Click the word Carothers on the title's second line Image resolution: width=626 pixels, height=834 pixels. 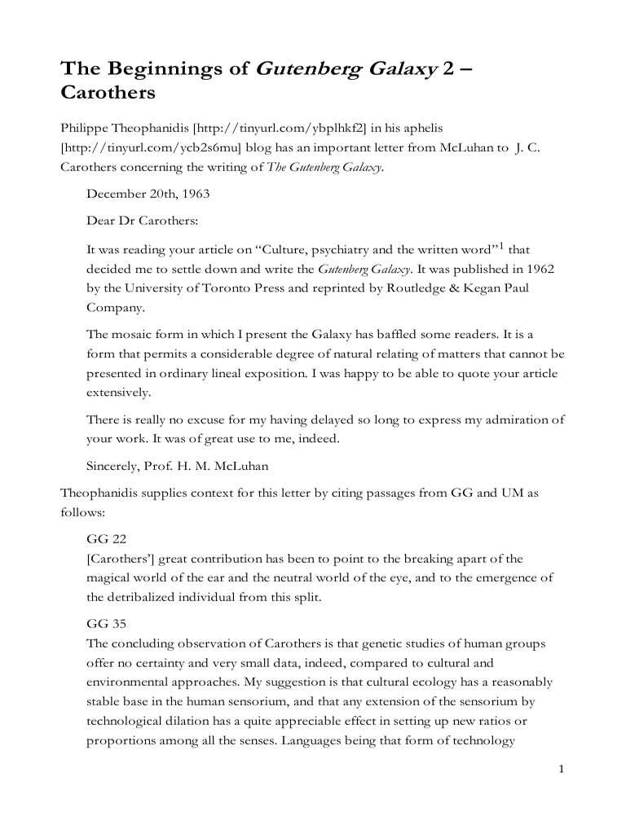pyautogui.click(x=108, y=93)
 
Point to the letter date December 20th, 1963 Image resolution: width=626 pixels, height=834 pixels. pyautogui.click(x=146, y=193)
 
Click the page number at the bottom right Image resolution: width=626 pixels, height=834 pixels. pyautogui.click(x=562, y=770)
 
